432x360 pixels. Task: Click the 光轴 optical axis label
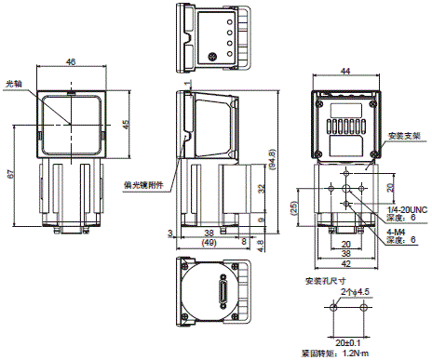[14, 82]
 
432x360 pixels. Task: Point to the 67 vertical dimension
[8, 173]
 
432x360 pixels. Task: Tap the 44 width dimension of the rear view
[344, 71]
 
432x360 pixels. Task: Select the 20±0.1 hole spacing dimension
[345, 342]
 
